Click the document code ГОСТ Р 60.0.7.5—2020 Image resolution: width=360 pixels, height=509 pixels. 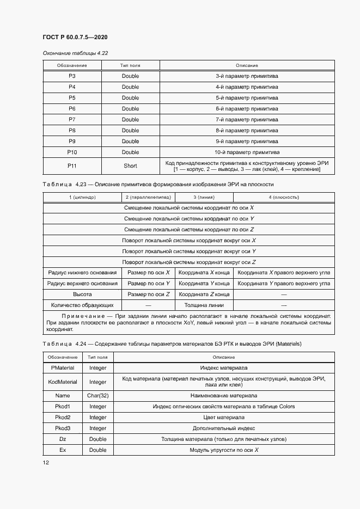click(x=75, y=37)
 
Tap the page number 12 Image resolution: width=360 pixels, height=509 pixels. click(x=46, y=462)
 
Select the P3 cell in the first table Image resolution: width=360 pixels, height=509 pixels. click(x=72, y=76)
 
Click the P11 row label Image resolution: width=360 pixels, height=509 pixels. click(x=72, y=166)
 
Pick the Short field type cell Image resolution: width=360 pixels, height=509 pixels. click(x=130, y=166)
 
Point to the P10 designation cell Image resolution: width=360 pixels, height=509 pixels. click(x=72, y=152)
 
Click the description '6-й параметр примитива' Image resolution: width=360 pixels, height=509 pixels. click(x=247, y=109)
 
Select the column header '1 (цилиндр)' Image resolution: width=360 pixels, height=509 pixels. click(x=82, y=197)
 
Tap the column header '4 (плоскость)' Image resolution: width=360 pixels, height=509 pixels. click(x=283, y=197)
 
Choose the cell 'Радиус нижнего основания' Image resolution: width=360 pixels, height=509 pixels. click(x=82, y=273)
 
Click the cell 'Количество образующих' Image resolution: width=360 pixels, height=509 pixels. click(x=82, y=305)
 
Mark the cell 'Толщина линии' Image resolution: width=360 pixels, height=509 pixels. click(x=204, y=305)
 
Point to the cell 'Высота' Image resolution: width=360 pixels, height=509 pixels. click(x=82, y=295)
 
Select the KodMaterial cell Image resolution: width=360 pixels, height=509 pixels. click(x=63, y=382)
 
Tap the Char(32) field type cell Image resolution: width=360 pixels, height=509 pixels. click(x=98, y=396)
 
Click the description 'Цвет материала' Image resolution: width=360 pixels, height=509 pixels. click(x=224, y=418)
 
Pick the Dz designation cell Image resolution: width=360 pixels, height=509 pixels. click(x=63, y=439)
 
